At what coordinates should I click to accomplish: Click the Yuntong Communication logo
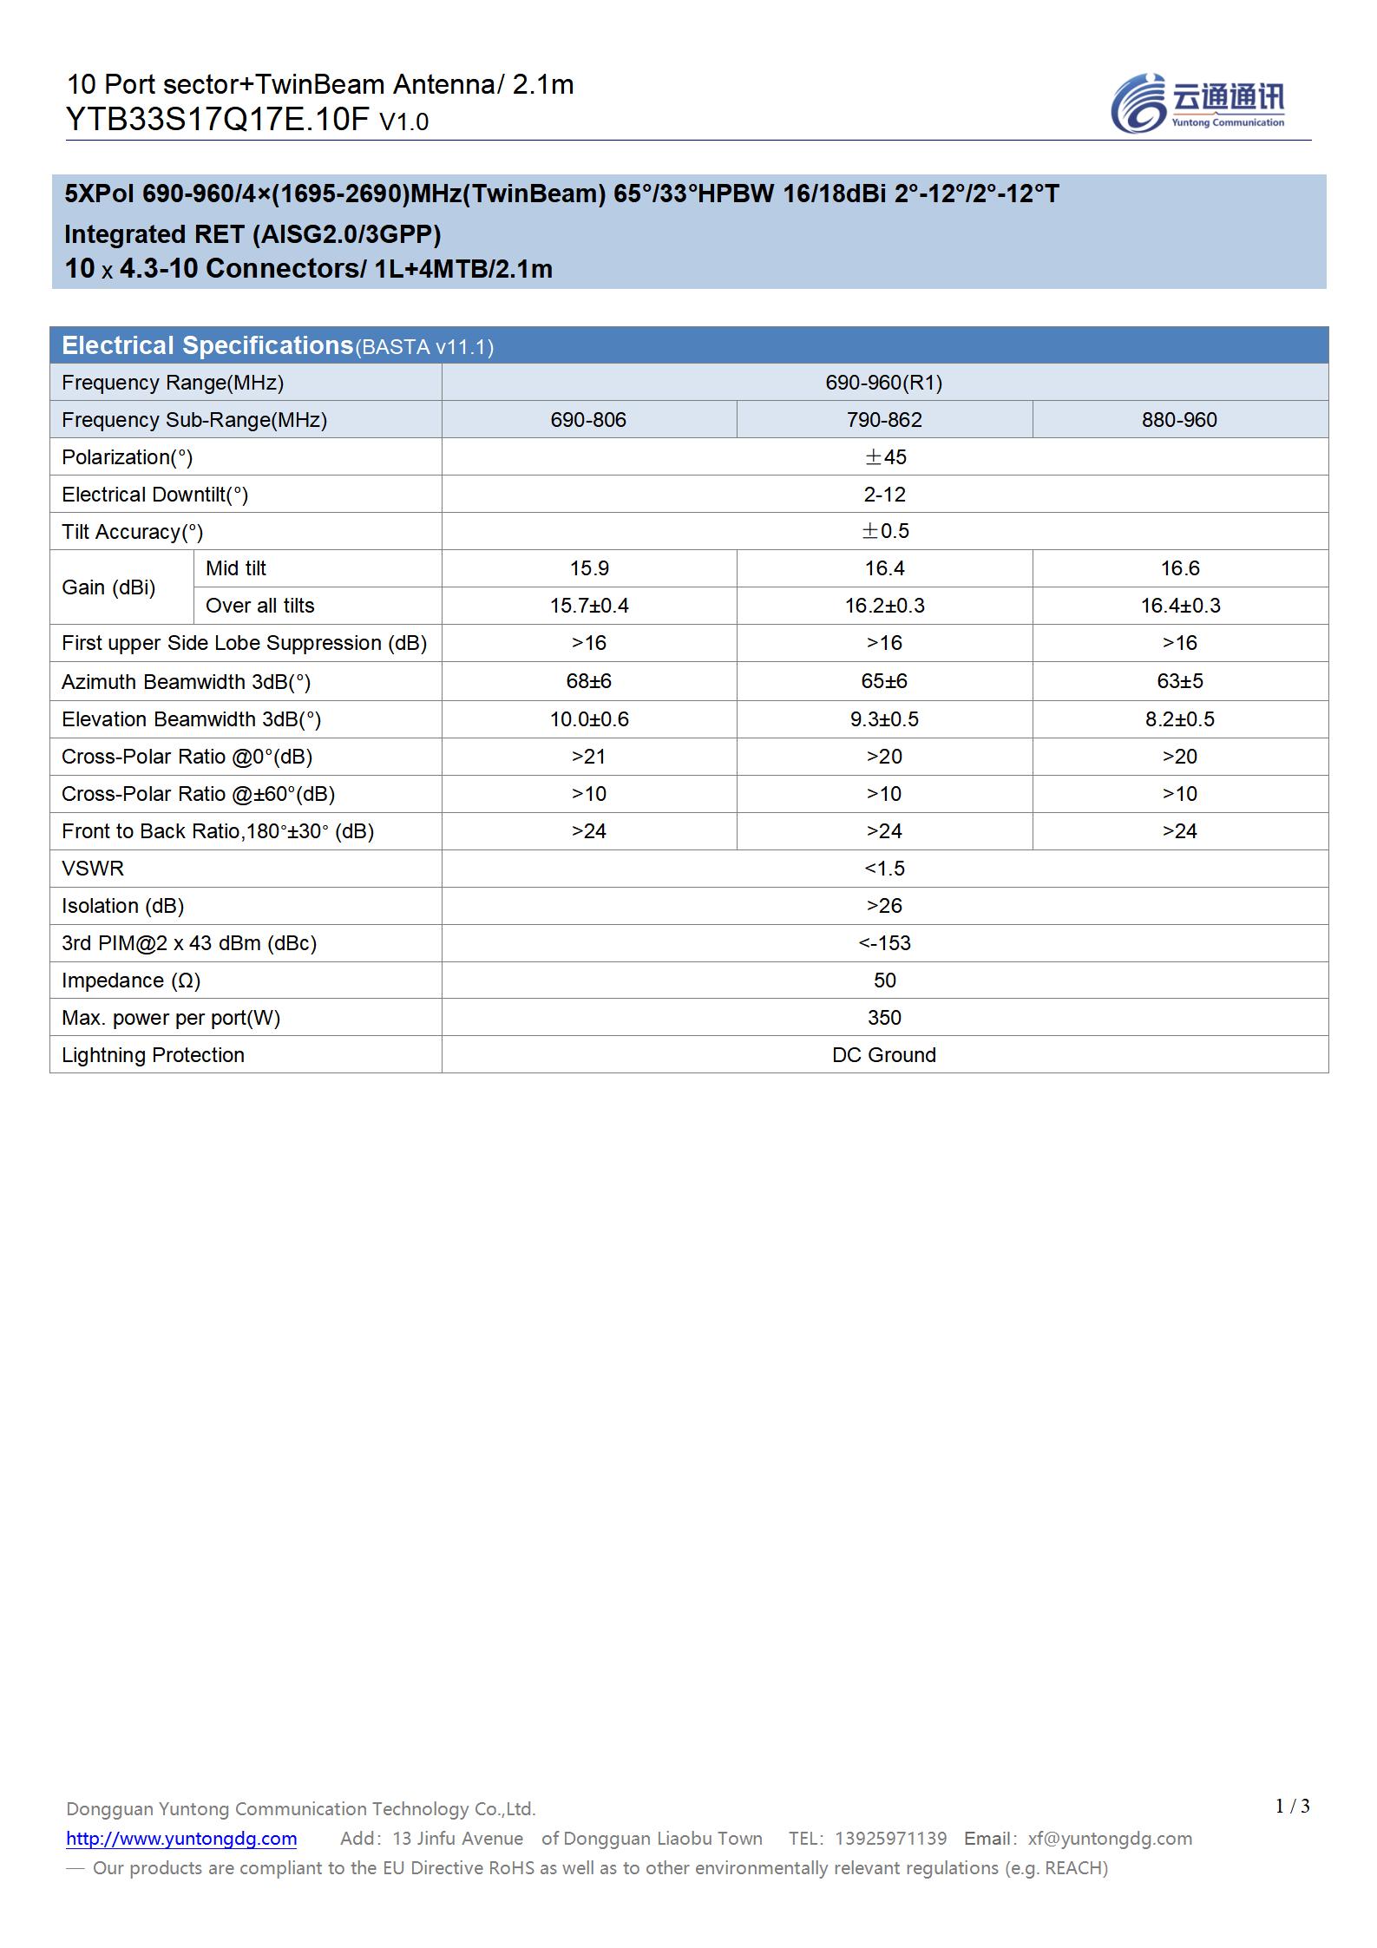1197,103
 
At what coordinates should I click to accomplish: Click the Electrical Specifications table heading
207,345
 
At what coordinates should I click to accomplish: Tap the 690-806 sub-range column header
588,420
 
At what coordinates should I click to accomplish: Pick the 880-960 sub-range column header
1179,420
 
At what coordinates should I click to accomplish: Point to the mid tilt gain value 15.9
589,568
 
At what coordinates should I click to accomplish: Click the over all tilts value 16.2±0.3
884,606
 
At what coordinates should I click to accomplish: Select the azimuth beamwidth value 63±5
1179,681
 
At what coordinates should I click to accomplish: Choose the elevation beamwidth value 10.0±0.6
589,719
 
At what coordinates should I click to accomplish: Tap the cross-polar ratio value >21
589,757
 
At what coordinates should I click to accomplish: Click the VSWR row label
93,869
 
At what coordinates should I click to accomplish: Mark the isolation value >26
884,906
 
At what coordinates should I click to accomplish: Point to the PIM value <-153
884,943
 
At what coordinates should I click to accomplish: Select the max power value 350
884,1018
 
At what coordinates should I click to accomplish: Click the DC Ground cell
884,1055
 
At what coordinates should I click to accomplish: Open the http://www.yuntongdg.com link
181,1839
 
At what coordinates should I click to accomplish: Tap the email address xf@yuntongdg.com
1110,1839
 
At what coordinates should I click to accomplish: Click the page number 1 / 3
1292,1807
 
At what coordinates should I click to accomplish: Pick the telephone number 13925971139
890,1839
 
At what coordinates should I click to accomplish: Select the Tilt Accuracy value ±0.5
884,531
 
